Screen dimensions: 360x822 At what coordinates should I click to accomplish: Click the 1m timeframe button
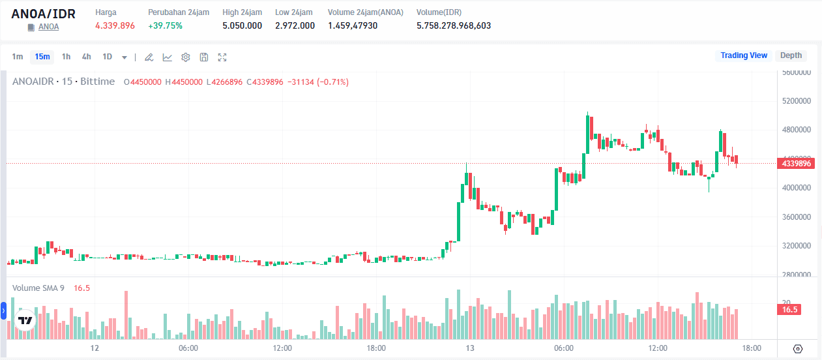18,57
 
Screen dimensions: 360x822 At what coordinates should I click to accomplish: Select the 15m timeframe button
42,57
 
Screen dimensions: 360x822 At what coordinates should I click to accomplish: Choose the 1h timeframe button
66,57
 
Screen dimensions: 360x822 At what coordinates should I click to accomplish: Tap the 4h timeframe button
86,57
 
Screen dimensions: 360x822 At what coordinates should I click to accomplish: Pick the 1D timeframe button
108,57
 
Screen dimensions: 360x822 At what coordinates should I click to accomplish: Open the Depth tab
791,55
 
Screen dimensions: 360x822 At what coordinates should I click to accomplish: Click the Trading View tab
744,55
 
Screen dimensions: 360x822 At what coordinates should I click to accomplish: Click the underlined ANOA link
48,27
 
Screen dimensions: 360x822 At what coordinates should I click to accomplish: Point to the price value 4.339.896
115,25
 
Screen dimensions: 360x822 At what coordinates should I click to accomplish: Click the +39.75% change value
165,25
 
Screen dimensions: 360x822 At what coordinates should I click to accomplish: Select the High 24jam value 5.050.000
242,25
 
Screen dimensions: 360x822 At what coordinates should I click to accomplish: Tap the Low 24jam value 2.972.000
295,25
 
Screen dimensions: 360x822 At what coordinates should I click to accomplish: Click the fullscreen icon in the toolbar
222,57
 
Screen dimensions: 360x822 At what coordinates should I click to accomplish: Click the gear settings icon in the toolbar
186,57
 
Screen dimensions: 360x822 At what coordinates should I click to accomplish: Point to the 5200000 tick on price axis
796,101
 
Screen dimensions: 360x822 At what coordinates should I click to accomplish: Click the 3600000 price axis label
796,217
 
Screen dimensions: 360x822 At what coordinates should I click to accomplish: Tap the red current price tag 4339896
796,164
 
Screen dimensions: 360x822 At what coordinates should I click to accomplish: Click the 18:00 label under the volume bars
752,348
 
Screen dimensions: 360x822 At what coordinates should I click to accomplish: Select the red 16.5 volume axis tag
790,310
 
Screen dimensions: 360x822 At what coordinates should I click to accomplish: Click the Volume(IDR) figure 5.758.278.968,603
454,25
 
